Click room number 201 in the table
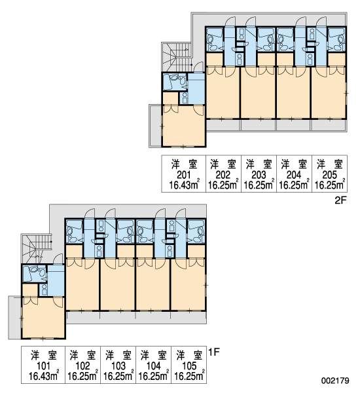coord(184,175)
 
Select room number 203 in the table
coord(259,175)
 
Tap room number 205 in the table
coord(329,175)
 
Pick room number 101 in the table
coord(43,366)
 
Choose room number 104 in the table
coord(153,366)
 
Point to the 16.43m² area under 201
coord(185,185)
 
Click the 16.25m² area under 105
coord(189,376)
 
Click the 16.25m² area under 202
coord(223,185)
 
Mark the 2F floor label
coord(340,200)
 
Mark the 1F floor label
coord(214,352)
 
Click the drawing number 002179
coord(335,381)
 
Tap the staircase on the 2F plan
coord(176,57)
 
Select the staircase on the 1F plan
coord(36,249)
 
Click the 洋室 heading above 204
coord(294,164)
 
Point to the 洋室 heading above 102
coord(83,356)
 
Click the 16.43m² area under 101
coord(44,376)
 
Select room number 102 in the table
coord(82,366)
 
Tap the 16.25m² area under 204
coord(294,185)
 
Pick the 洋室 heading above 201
coord(185,164)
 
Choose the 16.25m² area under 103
coord(118,376)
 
